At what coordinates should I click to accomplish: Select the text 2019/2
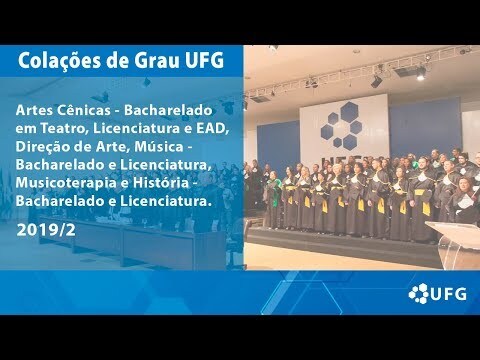[46, 230]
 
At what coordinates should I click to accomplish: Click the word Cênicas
[83, 110]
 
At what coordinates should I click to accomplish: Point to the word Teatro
[64, 128]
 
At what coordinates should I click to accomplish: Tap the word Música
[159, 147]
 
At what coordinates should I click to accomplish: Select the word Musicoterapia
[65, 183]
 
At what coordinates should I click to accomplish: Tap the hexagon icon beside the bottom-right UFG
[419, 294]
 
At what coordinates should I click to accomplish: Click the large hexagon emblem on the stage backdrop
[342, 126]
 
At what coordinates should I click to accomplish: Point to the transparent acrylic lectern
[454, 244]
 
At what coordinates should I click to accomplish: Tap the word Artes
[34, 110]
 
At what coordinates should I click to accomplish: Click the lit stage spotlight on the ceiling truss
[421, 74]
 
